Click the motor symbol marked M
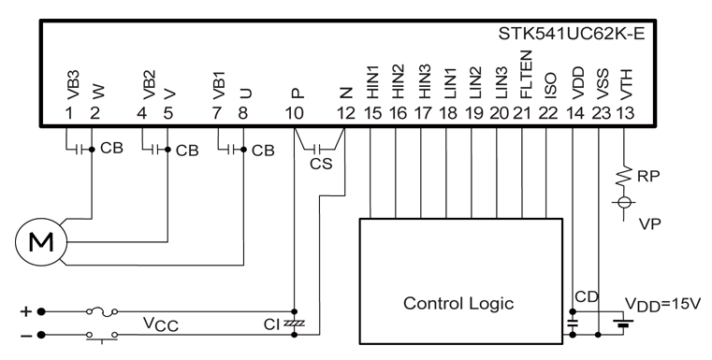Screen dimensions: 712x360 [x=41, y=242]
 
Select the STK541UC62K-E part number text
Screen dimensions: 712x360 [x=572, y=34]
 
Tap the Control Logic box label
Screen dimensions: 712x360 [x=458, y=303]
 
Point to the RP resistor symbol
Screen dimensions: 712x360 [x=624, y=176]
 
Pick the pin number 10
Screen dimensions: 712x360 [x=294, y=113]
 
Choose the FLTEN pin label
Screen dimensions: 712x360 [x=526, y=75]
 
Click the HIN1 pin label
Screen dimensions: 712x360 [x=372, y=81]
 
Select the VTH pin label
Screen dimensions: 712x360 [x=626, y=84]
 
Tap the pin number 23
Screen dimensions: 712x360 [x=602, y=113]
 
